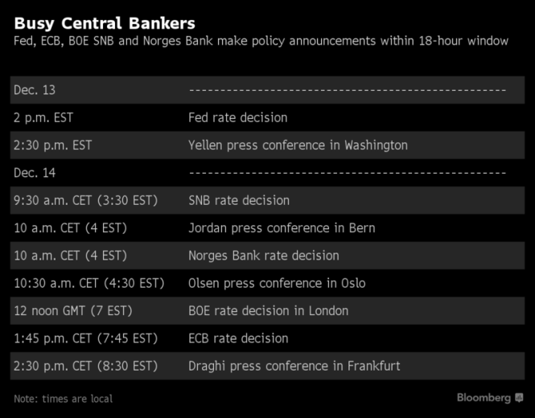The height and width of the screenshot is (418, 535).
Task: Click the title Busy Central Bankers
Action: (105, 23)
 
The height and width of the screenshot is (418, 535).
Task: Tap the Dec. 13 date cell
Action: (35, 90)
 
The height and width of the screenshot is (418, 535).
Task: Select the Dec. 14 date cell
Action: (35, 173)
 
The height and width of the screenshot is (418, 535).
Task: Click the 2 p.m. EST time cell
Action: (43, 117)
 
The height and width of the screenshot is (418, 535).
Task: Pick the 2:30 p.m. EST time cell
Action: (53, 145)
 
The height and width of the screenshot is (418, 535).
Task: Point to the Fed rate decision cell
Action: (237, 117)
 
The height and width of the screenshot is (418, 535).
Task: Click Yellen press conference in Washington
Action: (298, 145)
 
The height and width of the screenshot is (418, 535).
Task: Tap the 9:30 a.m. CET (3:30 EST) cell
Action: (86, 200)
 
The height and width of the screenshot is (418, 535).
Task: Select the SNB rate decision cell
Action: (239, 200)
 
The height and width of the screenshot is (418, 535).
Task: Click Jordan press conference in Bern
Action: (282, 228)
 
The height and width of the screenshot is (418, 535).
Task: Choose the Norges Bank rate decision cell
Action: (264, 256)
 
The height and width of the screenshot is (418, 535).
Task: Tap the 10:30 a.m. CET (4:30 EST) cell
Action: (89, 283)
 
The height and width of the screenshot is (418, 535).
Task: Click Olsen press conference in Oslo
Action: (277, 283)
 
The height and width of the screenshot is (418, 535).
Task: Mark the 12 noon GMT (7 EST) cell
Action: (73, 311)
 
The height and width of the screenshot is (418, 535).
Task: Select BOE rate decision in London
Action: (268, 311)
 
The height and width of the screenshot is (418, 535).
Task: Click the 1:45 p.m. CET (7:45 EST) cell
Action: (86, 338)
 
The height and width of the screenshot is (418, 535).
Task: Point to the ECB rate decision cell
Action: (238, 338)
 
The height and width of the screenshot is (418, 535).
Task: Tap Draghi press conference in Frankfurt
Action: (294, 366)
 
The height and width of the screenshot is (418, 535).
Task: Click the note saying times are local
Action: (64, 399)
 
